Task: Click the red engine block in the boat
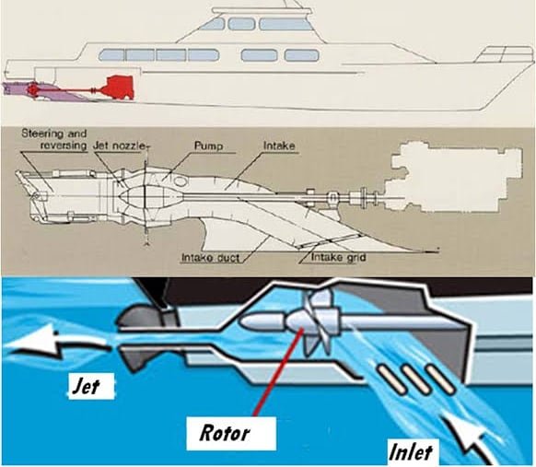[x=119, y=88]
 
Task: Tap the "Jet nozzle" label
[x=120, y=146]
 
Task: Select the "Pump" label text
[x=208, y=146]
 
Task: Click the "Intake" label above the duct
[x=279, y=146]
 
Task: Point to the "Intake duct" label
[x=211, y=257]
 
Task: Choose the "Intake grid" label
[x=338, y=257]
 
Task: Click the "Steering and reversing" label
[x=54, y=139]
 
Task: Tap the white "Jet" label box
[x=91, y=386]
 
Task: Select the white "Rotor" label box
[x=231, y=433]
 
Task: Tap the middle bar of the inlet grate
[x=414, y=379]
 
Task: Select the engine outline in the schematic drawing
[x=455, y=177]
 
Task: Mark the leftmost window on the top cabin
[x=212, y=24]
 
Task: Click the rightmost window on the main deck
[x=301, y=55]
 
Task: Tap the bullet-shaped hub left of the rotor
[x=262, y=321]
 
